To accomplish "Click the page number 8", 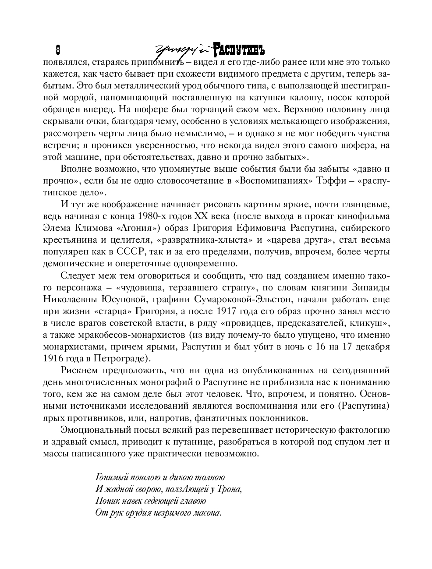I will point(57,49).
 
